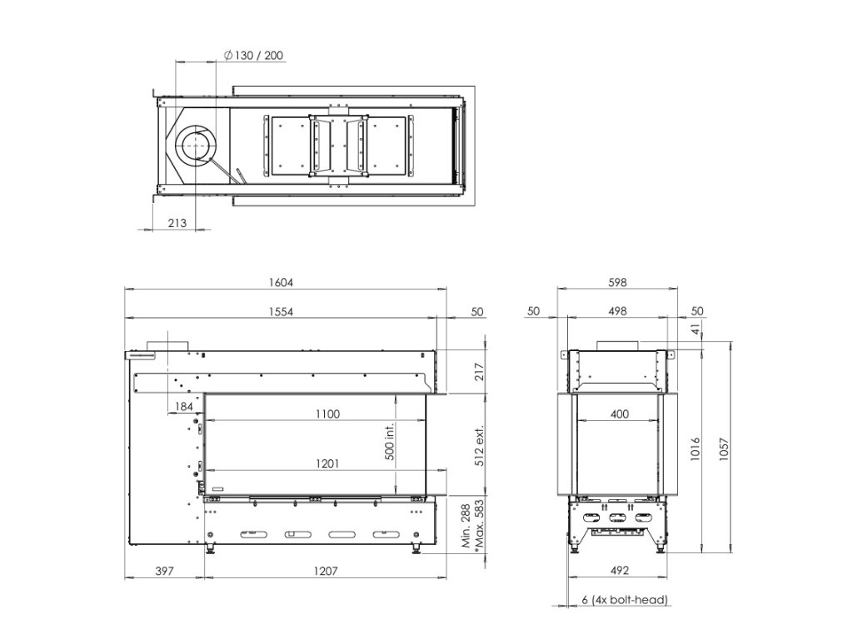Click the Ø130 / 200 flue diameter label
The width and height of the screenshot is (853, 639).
coord(253,56)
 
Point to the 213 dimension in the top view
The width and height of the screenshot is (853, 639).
coord(177,223)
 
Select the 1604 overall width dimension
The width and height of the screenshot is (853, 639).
coord(281,283)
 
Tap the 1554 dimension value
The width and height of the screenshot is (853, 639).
coord(281,312)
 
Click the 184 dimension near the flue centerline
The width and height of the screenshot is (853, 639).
coord(184,406)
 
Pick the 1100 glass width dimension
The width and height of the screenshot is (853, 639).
coord(327,414)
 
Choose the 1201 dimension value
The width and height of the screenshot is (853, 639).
coord(327,463)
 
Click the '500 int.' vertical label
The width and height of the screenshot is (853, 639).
coord(390,441)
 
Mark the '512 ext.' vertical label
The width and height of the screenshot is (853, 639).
coord(479,445)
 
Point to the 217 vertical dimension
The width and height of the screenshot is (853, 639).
coord(479,372)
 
